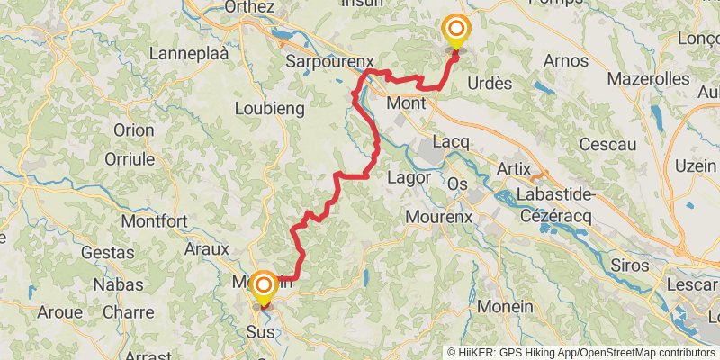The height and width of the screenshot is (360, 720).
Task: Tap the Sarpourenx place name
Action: pyautogui.click(x=328, y=62)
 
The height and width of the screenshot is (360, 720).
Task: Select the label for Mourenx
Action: pyautogui.click(x=439, y=217)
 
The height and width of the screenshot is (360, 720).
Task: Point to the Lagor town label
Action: pyautogui.click(x=408, y=177)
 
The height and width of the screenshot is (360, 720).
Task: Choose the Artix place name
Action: pyautogui.click(x=516, y=168)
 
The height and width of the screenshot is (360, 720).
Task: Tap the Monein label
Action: pyautogui.click(x=505, y=306)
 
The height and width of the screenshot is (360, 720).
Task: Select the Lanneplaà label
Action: pyautogui.click(x=189, y=54)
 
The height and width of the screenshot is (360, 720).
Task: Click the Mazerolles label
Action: pyautogui.click(x=648, y=79)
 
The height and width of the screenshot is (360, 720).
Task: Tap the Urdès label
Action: pyautogui.click(x=490, y=83)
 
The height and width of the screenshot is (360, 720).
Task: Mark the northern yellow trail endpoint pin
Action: pyautogui.click(x=455, y=32)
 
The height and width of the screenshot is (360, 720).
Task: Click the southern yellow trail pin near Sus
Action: pyautogui.click(x=264, y=287)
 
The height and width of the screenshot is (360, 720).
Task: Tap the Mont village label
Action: pyautogui.click(x=406, y=103)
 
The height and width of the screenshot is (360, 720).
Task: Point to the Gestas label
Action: pyautogui.click(x=108, y=252)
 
